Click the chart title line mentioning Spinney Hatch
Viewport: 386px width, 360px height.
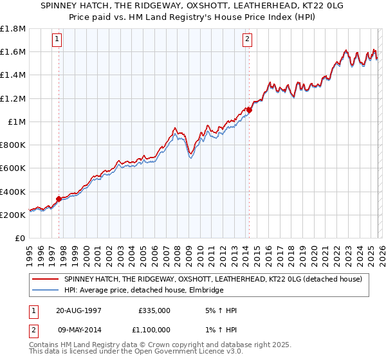(192, 6)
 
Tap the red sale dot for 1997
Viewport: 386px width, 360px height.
(59, 199)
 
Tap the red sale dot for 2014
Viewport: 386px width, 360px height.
(249, 110)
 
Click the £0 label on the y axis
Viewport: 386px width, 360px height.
(21, 238)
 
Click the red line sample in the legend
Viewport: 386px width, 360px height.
(46, 280)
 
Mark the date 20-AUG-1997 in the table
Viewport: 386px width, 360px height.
(78, 310)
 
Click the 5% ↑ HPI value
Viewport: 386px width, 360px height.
(219, 310)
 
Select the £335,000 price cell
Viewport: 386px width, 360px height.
(154, 310)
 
